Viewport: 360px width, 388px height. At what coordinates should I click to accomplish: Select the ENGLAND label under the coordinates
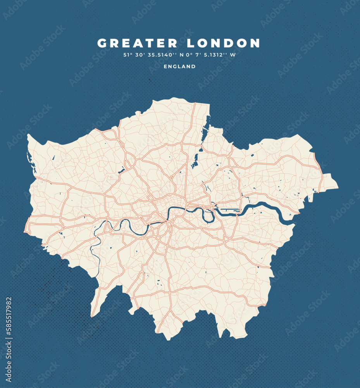[179, 66]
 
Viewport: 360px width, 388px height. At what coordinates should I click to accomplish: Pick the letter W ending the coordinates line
[233, 55]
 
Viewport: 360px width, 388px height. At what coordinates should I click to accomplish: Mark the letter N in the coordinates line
[181, 55]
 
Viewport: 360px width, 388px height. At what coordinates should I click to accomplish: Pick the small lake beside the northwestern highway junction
[121, 170]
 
